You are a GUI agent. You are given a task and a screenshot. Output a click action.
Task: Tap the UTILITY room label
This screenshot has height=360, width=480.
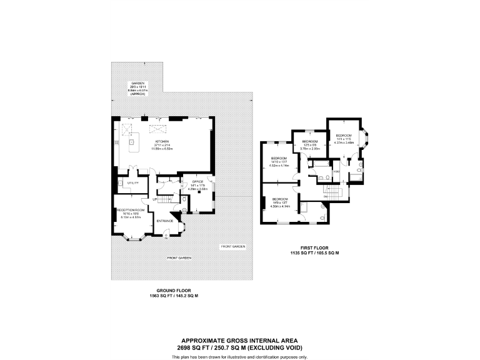pos(132,182)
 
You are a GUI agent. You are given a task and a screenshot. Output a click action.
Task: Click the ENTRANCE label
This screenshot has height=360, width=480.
pos(164,221)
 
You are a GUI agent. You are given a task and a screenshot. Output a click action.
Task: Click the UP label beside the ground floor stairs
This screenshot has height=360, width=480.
pos(154,199)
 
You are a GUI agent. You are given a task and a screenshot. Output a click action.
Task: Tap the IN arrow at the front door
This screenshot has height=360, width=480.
pos(166,237)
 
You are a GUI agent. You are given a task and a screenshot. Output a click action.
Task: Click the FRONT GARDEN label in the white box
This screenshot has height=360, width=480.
pos(234,247)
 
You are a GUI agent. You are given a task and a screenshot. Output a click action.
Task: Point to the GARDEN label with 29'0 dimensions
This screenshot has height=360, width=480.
pos(137,84)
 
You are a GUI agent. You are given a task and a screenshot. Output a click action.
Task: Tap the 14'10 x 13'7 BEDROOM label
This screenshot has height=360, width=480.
pos(279,157)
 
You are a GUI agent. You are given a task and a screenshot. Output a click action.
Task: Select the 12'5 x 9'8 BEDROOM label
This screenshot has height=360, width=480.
pos(311,142)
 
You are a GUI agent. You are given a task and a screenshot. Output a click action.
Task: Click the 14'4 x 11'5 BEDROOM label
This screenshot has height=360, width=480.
pos(344,136)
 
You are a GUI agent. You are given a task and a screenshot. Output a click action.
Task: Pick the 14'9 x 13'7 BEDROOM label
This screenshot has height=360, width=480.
pos(279,198)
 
